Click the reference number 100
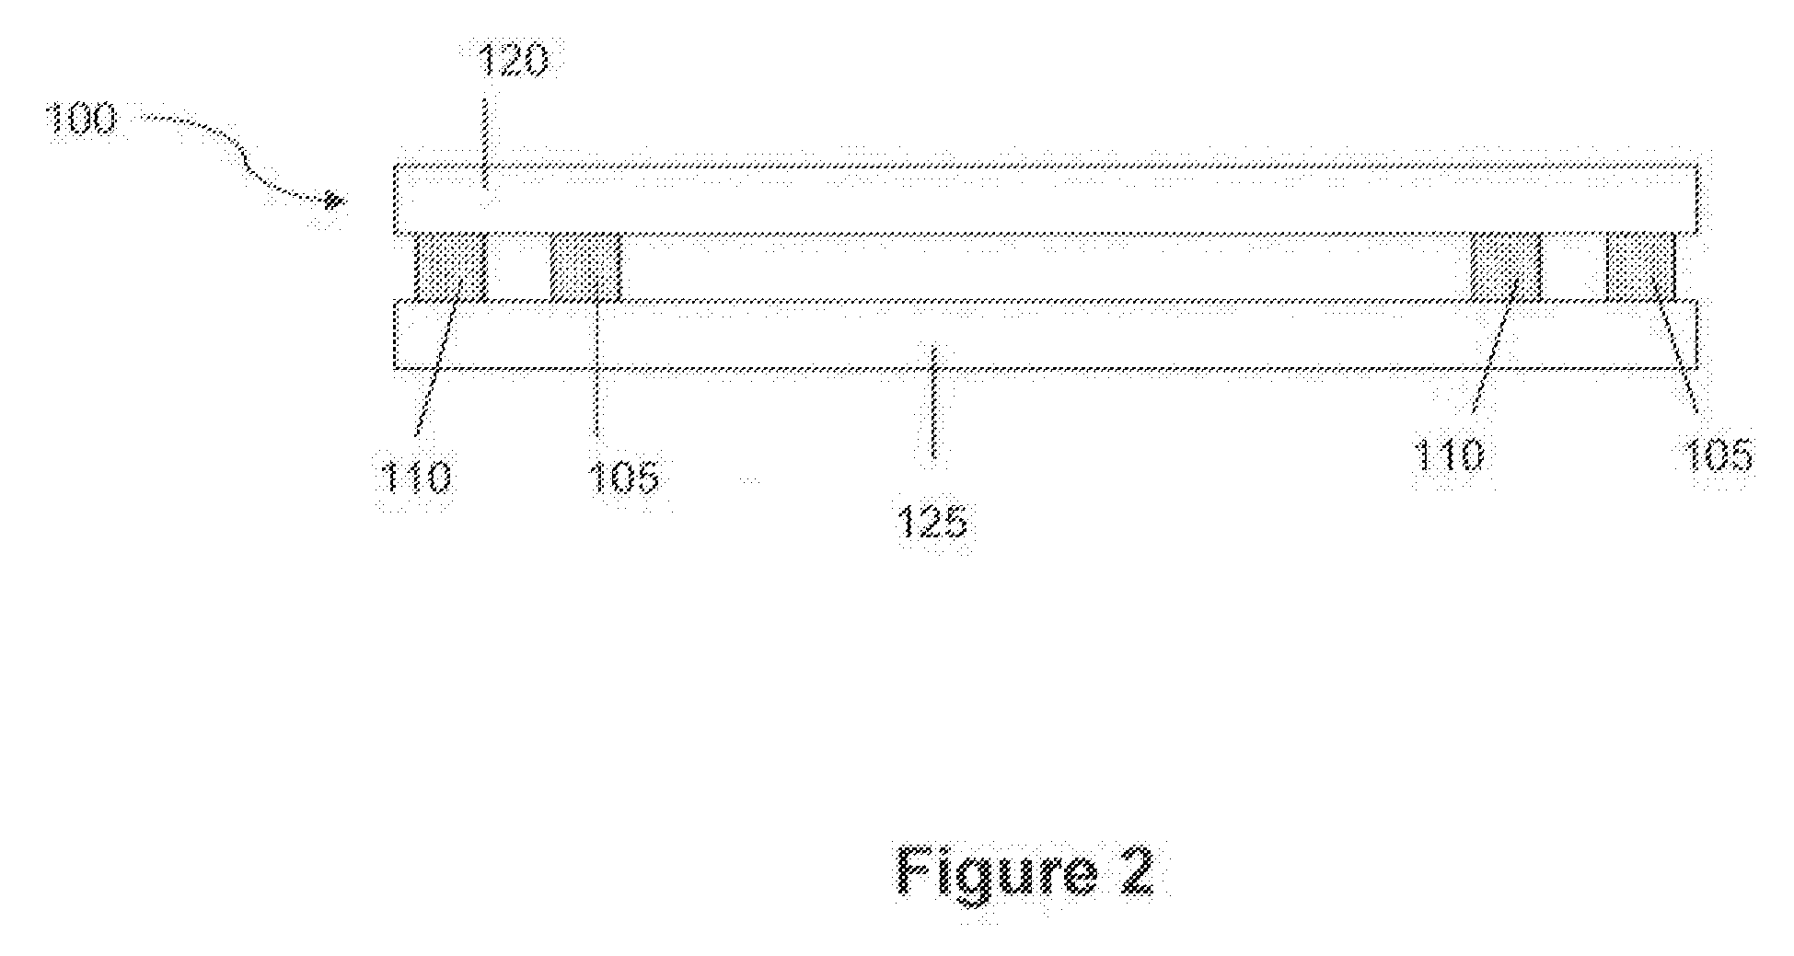tap(82, 121)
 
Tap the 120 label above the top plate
tap(513, 62)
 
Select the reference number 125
tap(932, 522)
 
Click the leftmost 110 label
tap(414, 478)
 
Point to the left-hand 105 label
tap(624, 478)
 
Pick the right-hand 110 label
tap(1449, 455)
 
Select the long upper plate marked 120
tap(1046, 200)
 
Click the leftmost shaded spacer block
tap(450, 267)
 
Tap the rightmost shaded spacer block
tap(1640, 267)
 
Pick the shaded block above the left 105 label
tap(584, 267)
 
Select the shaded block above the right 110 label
tap(1505, 267)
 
